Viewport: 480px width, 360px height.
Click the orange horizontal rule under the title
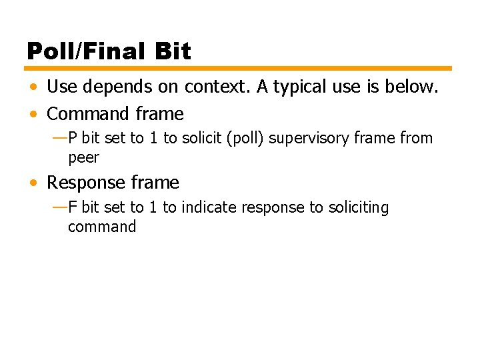tap(239, 68)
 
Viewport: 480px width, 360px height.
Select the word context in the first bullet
tap(211, 87)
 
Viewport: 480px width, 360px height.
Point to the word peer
tap(83, 158)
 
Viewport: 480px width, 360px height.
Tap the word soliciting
tap(358, 208)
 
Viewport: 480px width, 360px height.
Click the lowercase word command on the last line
tap(101, 227)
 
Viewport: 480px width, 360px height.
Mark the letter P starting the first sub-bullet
tap(73, 139)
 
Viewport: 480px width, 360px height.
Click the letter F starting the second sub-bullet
tap(73, 208)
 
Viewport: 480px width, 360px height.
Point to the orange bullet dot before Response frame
tap(33, 183)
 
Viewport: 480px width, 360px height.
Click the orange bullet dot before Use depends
tap(33, 87)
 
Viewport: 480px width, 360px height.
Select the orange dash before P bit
tap(59, 138)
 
